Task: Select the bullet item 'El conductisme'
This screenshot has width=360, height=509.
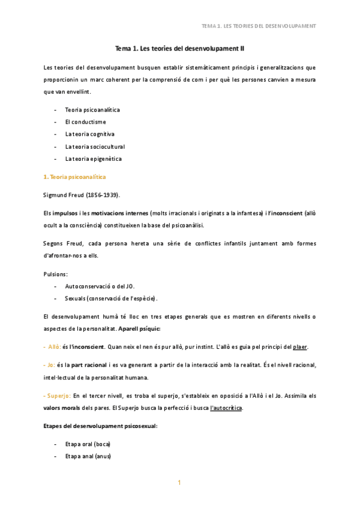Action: (x=85, y=122)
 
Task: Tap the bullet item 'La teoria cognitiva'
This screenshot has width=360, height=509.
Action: (x=89, y=134)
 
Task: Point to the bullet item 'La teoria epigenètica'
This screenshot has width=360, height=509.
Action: (x=93, y=158)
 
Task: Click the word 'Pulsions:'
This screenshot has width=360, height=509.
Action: (x=56, y=274)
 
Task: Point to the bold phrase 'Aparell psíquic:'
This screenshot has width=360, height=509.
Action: (x=140, y=329)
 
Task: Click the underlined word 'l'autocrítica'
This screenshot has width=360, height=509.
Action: (x=227, y=408)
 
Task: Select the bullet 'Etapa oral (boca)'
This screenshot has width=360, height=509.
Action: (x=88, y=444)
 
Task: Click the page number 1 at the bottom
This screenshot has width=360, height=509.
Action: (x=179, y=483)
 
